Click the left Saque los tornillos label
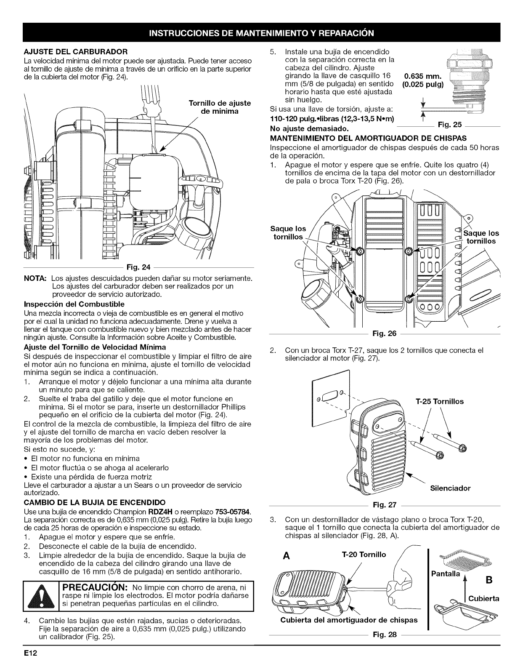[289, 233]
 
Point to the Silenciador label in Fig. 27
[450, 488]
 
